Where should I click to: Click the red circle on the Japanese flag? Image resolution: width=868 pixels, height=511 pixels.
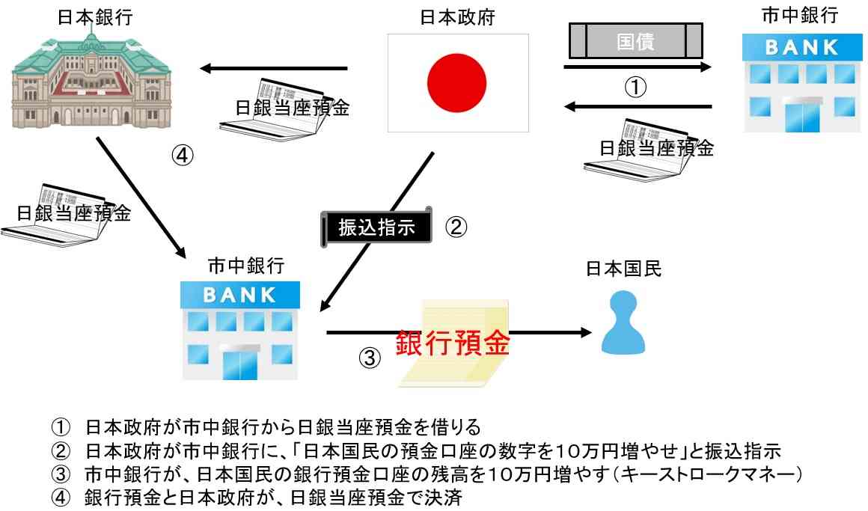point(456,83)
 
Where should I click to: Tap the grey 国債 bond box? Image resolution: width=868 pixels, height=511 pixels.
point(635,41)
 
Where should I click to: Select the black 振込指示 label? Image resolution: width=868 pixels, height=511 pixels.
point(376,227)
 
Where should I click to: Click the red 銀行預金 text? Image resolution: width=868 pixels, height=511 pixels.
point(452,343)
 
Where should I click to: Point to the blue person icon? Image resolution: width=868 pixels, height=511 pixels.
point(623,322)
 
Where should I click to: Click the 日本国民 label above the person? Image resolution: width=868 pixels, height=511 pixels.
point(623,269)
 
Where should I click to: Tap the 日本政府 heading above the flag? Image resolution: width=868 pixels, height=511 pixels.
point(457,17)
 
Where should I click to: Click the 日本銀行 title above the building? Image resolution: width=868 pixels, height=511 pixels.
point(95,17)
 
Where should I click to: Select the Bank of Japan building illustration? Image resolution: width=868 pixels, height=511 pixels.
point(91,80)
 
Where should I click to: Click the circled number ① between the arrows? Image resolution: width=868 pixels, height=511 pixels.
point(635,87)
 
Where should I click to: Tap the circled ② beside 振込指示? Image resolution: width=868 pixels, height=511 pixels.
point(456,227)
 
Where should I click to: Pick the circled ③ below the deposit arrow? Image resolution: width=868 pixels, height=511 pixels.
point(370,358)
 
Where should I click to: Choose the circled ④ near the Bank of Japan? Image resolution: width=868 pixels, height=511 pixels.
point(182,155)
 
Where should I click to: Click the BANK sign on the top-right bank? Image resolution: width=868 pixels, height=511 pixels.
point(802,48)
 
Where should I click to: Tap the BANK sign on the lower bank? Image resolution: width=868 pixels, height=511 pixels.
point(239,295)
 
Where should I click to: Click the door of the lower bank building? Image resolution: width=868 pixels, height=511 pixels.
point(240,364)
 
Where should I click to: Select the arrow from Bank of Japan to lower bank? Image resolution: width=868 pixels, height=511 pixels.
point(141,197)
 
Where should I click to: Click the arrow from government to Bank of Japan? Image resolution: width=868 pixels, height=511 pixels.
point(273,69)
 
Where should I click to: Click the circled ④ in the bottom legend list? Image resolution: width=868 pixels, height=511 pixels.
point(61,498)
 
